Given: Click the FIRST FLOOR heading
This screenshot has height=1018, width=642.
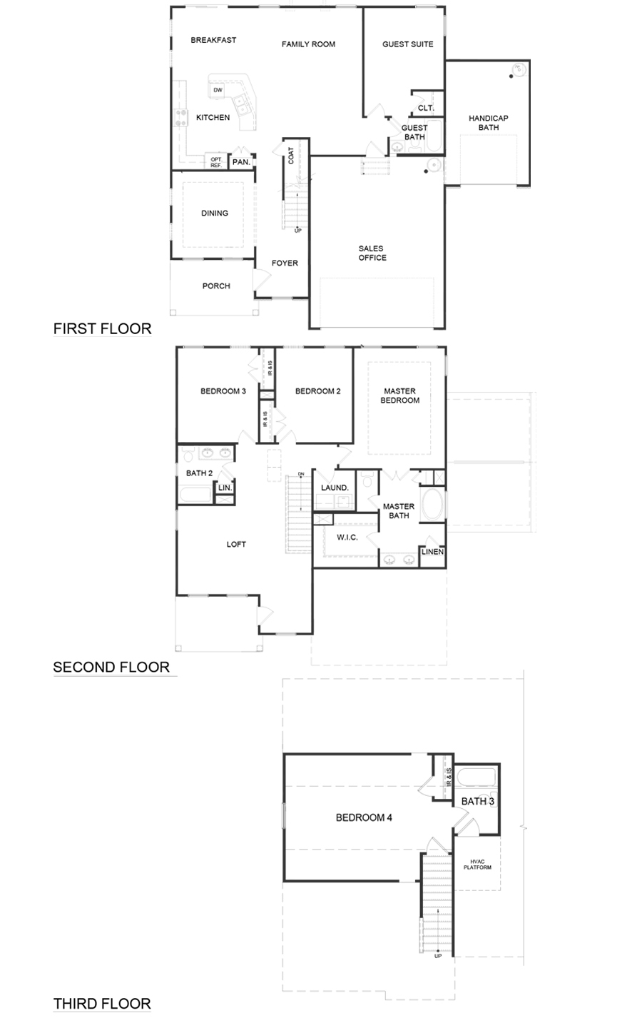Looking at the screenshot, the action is (102, 328).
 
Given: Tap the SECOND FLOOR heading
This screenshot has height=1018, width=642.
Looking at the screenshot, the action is (111, 667).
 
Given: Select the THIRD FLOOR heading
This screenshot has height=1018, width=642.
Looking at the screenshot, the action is (102, 1004).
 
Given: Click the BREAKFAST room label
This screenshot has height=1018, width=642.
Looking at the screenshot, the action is (213, 40).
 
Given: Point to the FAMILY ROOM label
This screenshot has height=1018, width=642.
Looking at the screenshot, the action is (308, 44).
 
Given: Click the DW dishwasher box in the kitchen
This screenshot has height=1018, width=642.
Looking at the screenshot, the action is (218, 90).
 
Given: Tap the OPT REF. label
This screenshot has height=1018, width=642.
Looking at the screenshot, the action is (216, 162).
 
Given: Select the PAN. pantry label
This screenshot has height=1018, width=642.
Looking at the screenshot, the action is (241, 162).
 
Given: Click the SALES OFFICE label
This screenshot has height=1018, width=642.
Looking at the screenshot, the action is (372, 253).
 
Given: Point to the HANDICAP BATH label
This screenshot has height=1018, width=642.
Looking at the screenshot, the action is (489, 123).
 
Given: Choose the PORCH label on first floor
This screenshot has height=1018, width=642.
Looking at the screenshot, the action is (216, 286).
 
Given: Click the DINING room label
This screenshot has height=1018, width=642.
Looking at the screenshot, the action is (215, 213).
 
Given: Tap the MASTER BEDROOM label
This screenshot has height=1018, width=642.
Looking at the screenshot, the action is (400, 395).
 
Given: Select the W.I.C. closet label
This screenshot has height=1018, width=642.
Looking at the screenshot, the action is (347, 537).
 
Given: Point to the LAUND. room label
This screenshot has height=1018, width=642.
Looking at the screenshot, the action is (335, 488).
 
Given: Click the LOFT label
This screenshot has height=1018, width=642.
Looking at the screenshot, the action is (236, 544).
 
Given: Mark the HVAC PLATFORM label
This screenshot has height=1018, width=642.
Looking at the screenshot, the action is (477, 865).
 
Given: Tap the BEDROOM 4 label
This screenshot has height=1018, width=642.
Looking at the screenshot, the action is (364, 817).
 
